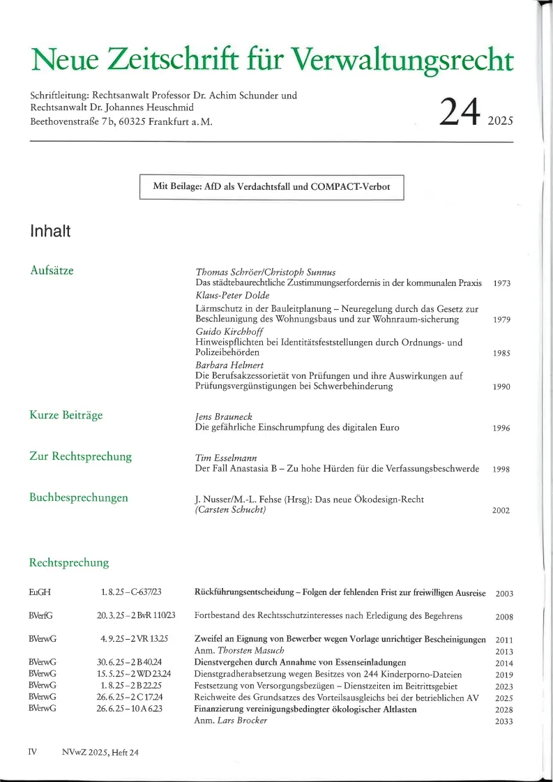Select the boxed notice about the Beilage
pyautogui.click(x=272, y=186)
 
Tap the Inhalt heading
pyautogui.click(x=50, y=232)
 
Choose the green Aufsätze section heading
pyautogui.click(x=52, y=270)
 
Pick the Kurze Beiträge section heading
pyautogui.click(x=66, y=415)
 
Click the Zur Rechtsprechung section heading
pyautogui.click(x=80, y=456)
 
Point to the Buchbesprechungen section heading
pyautogui.click(x=78, y=497)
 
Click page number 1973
pyautogui.click(x=501, y=284)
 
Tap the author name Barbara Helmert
pyautogui.click(x=225, y=365)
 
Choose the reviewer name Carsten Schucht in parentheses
pyautogui.click(x=229, y=510)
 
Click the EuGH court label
pyautogui.click(x=40, y=593)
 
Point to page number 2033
pyautogui.click(x=503, y=721)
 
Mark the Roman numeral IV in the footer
pyautogui.click(x=33, y=752)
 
